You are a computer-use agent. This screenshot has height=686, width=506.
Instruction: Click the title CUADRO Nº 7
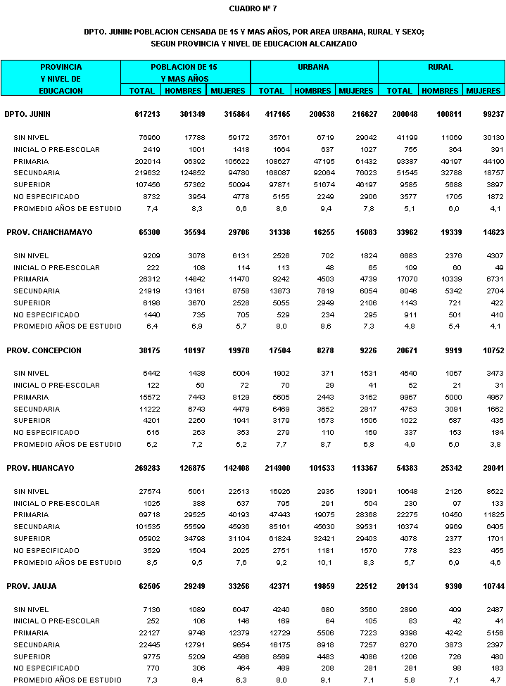click(x=253, y=8)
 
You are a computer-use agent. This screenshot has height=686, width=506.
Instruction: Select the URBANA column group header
click(x=314, y=68)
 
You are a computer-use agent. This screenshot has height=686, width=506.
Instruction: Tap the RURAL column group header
click(x=441, y=68)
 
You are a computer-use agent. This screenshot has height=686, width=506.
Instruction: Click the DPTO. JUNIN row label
click(x=27, y=114)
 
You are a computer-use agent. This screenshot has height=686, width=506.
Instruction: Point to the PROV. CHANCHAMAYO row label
click(x=49, y=232)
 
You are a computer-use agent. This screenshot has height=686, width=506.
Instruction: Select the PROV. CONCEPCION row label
click(x=44, y=350)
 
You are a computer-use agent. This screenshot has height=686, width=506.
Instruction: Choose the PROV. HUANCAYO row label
click(x=40, y=468)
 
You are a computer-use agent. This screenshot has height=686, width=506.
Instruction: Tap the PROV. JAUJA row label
click(x=32, y=586)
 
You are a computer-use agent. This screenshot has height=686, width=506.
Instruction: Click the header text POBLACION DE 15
click(x=185, y=68)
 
